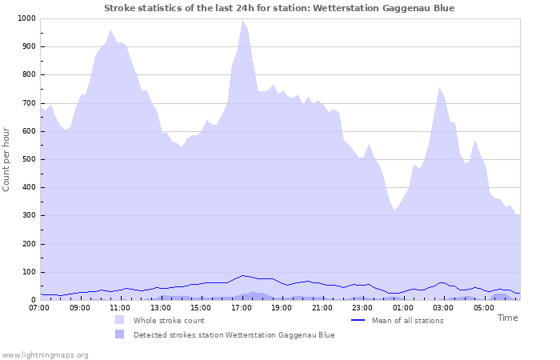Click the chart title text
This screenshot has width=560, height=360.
tap(279, 8)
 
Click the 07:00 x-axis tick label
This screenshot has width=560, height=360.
tap(39, 307)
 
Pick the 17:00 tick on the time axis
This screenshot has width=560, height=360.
tap(242, 307)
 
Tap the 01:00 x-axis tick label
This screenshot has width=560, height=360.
tap(403, 307)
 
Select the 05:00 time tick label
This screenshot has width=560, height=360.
tap(484, 307)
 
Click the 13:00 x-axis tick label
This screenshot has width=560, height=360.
tap(161, 307)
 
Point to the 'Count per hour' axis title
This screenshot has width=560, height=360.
tap(7, 158)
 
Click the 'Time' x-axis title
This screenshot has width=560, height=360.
tap(507, 318)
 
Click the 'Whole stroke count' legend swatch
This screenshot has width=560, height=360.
tap(120, 320)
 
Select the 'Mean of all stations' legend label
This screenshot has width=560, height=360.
tap(407, 320)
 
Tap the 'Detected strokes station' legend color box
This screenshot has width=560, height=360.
tap(120, 334)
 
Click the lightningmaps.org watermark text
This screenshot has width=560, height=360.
tap(45, 354)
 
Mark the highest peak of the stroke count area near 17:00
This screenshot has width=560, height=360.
tap(242, 20)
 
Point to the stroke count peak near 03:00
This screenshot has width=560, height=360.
tap(439, 87)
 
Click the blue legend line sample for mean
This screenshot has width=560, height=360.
tap(358, 320)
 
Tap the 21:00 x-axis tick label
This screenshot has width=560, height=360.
tap(322, 307)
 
